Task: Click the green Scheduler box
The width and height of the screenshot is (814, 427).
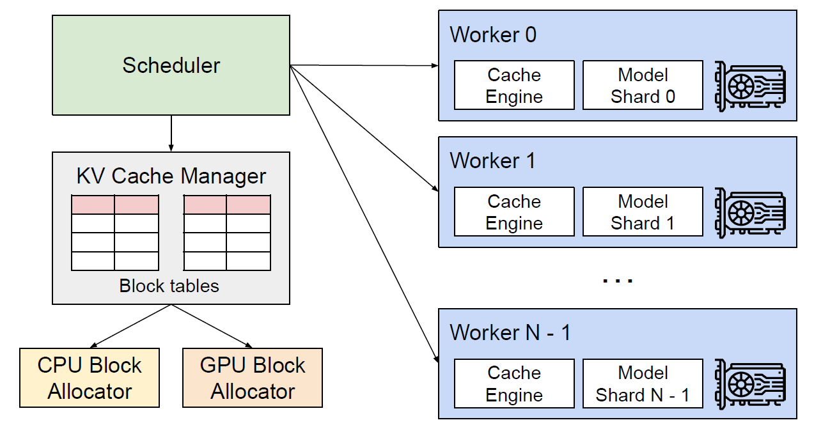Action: [171, 65]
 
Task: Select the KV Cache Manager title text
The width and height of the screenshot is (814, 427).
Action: [171, 176]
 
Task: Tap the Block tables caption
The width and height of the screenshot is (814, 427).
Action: [169, 286]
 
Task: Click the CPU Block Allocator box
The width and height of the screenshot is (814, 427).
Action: [90, 378]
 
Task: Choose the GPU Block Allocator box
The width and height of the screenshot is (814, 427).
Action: [253, 378]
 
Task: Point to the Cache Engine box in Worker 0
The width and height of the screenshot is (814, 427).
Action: [514, 85]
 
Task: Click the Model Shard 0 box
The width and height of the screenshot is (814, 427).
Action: [643, 85]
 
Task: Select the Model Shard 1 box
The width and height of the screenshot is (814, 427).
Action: [643, 212]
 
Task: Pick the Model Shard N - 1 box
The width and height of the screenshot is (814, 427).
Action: [643, 384]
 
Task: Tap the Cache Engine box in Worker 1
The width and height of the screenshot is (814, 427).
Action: [514, 212]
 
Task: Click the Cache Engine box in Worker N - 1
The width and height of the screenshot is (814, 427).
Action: [514, 384]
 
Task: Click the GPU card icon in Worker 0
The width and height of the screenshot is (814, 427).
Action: [750, 85]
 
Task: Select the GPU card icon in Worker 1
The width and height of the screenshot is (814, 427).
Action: [750, 212]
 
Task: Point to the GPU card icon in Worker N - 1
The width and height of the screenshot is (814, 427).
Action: [750, 384]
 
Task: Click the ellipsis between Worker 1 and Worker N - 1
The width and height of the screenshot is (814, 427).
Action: [617, 280]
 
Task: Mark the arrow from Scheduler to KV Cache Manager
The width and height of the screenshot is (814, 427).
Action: [171, 134]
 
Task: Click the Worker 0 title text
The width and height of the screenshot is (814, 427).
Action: [493, 35]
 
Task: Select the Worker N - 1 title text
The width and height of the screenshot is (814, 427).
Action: [510, 332]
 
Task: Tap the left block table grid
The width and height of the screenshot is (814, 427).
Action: [115, 233]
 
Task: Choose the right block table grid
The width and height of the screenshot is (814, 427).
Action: [227, 233]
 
